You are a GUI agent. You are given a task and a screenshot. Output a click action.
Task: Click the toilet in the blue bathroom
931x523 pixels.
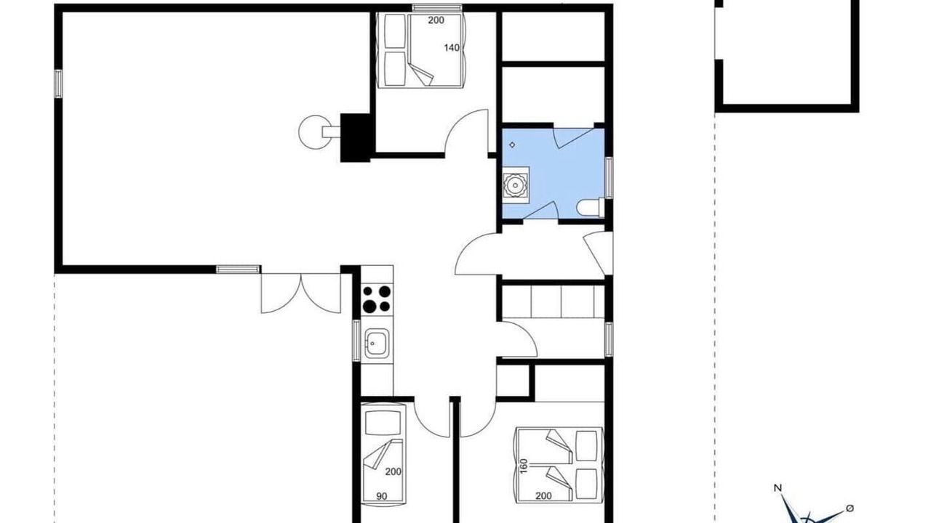[x=591, y=208]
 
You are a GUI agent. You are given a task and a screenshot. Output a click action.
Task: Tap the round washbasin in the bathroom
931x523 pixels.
[x=516, y=185]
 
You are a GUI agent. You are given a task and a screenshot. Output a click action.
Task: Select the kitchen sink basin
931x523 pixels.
[x=377, y=343]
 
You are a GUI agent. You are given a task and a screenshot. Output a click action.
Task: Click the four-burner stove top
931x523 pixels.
[x=377, y=299]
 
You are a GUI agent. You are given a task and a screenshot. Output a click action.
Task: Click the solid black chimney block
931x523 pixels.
[x=356, y=137]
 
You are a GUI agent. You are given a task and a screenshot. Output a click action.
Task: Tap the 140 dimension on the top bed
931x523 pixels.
[x=452, y=48]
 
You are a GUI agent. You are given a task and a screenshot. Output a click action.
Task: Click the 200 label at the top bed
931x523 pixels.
[x=436, y=20]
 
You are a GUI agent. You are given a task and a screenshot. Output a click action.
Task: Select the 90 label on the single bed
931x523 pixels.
[x=382, y=496]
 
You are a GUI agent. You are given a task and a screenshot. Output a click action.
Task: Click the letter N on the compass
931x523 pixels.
[x=778, y=488]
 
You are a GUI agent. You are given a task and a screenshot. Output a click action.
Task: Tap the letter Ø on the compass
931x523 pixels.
[x=850, y=508]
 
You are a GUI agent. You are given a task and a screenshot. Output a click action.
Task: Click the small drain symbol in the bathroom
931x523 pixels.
[x=512, y=145]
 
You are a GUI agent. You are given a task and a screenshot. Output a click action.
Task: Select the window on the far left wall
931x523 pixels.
[x=58, y=84]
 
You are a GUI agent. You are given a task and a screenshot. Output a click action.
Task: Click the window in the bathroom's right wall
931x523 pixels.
[x=609, y=178]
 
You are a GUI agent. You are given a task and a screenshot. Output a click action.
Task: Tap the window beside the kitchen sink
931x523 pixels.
[x=356, y=341]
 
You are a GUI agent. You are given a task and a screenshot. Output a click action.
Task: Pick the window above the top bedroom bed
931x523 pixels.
[x=437, y=7]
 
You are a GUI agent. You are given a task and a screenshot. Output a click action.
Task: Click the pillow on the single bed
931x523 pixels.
[x=383, y=423]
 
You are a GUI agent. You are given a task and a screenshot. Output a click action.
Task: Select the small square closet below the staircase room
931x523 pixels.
[x=513, y=380]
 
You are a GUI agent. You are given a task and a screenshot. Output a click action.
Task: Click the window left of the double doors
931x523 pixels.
[x=239, y=269]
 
